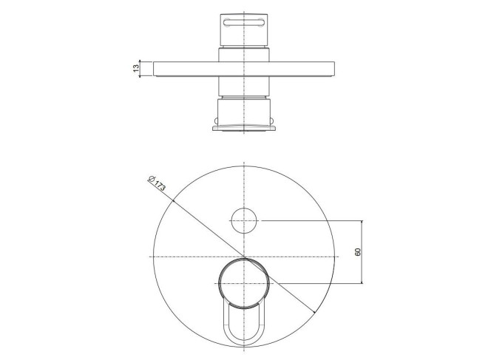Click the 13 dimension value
point(135,68)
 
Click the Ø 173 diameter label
point(157,184)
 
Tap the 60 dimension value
point(358,252)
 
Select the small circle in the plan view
point(244,221)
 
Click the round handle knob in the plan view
point(244,284)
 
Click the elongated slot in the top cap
point(244,22)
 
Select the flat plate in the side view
point(244,69)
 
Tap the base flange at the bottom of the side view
point(244,128)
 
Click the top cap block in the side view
point(244,30)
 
